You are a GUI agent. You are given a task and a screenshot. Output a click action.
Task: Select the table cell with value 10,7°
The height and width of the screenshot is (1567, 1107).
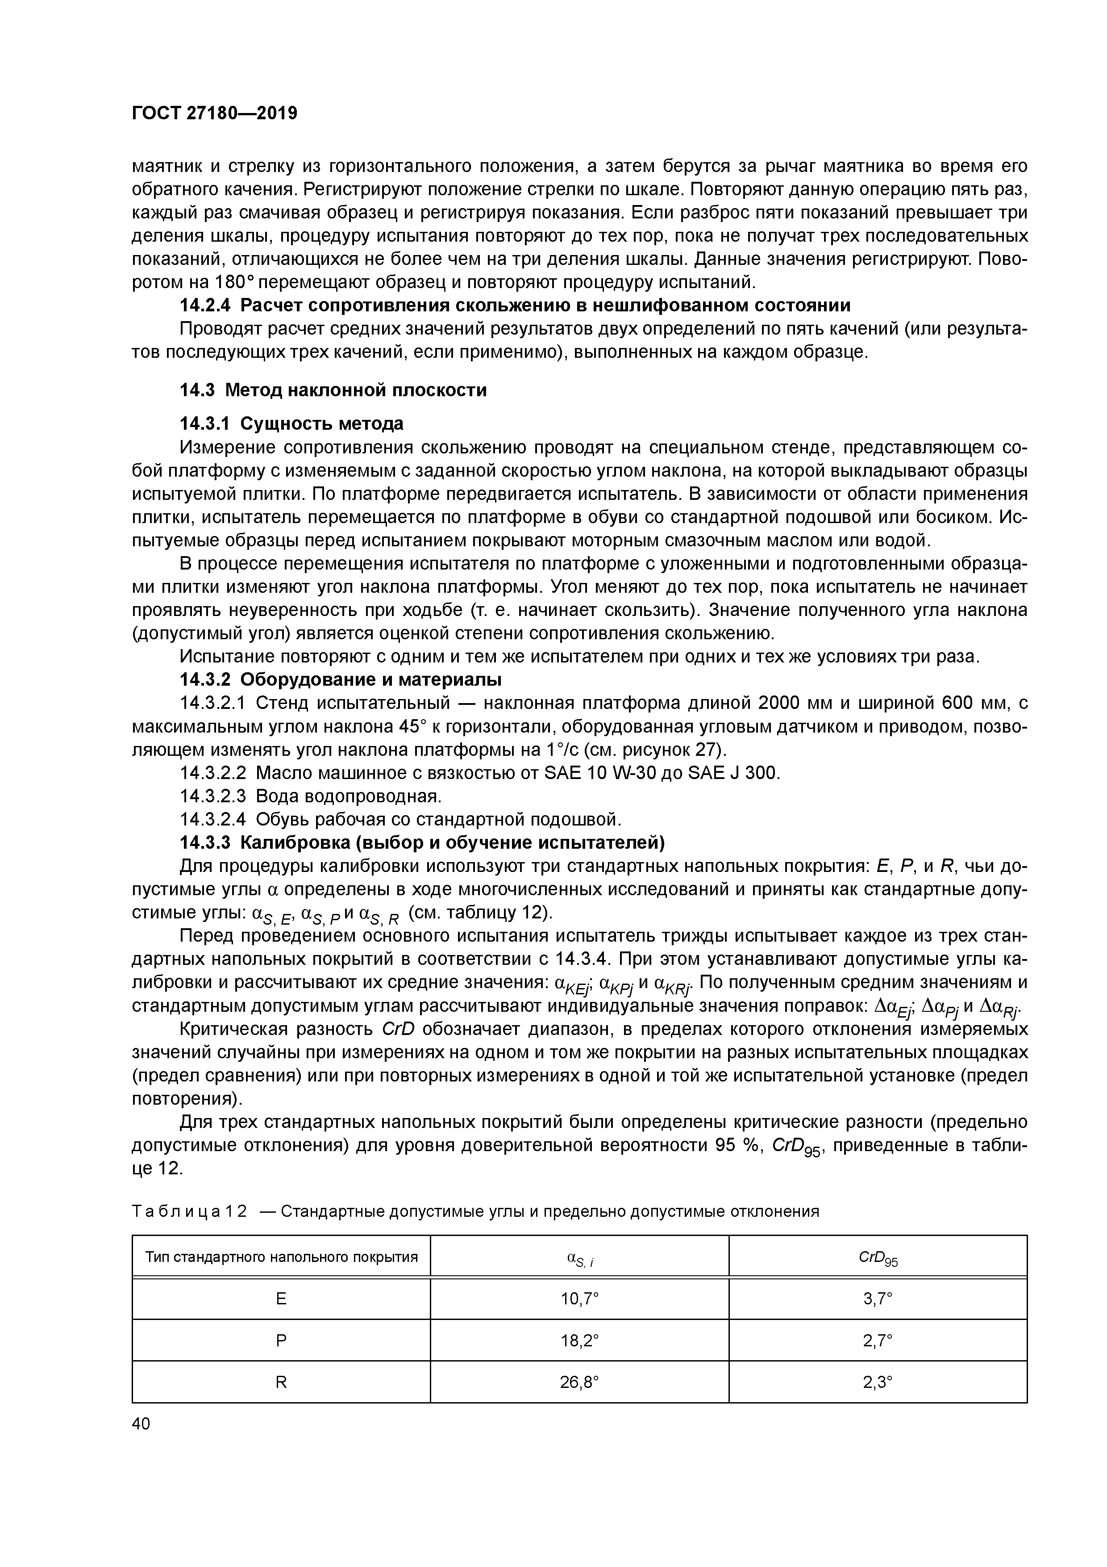tap(579, 1299)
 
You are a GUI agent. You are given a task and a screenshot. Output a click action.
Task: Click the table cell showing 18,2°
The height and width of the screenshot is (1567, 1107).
tap(579, 1341)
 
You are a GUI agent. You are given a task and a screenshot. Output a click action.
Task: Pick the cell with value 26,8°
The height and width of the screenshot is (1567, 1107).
tap(579, 1382)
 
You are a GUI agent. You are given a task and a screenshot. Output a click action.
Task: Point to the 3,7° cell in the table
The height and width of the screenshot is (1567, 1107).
tap(877, 1299)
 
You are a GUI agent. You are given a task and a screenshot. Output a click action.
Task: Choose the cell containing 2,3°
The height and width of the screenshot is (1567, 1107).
tap(877, 1382)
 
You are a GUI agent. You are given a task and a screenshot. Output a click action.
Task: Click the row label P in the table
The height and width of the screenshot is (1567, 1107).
tap(281, 1341)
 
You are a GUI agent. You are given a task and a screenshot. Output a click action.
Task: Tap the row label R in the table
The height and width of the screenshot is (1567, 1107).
tap(281, 1382)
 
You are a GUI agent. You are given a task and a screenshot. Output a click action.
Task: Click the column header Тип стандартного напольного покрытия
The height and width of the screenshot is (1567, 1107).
tap(281, 1257)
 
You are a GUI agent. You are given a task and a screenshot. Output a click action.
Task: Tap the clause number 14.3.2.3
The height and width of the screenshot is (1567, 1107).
tap(214, 796)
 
